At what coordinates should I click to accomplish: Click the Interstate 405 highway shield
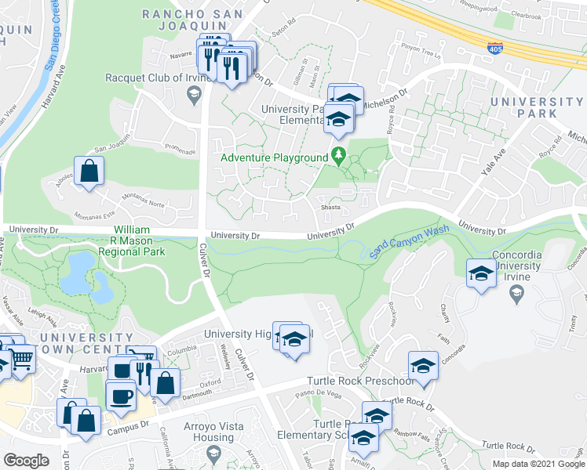(495, 48)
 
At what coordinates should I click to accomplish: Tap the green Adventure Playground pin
(339, 155)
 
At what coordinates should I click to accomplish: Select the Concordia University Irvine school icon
(481, 273)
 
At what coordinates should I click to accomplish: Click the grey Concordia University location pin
(516, 293)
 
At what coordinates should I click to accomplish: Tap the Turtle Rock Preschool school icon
(423, 366)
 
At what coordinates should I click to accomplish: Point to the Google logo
(26, 461)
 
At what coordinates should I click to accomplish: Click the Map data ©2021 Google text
(538, 464)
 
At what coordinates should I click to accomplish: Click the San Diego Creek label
(53, 35)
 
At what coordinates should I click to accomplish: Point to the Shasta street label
(328, 208)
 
